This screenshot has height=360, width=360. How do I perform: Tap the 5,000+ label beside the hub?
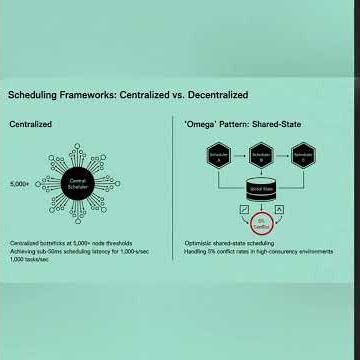point(19,185)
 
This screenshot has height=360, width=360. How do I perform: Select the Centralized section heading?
point(30,125)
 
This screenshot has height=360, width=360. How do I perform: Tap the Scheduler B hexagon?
point(263,157)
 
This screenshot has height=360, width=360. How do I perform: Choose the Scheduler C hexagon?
point(305,157)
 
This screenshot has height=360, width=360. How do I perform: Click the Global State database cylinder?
point(263,189)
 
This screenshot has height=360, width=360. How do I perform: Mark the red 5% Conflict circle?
point(263,223)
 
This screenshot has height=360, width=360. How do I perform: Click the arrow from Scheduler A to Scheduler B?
point(241,157)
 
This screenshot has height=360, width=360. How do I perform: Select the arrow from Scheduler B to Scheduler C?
point(284,157)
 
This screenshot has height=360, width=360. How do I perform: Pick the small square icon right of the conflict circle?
point(280,210)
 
